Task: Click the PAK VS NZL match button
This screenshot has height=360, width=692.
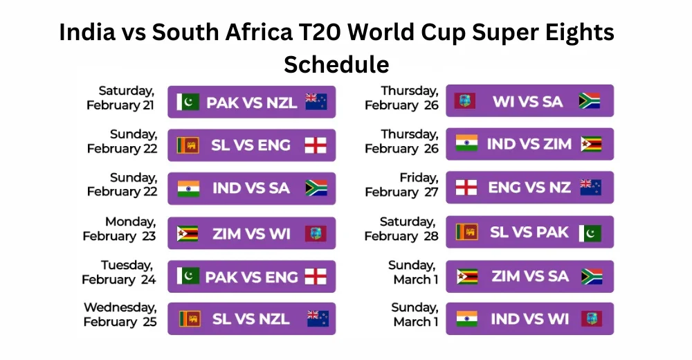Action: click(251, 102)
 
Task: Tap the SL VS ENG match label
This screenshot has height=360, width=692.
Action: click(251, 145)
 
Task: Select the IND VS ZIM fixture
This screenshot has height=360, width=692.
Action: click(529, 144)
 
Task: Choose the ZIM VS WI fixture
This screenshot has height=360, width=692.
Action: click(251, 233)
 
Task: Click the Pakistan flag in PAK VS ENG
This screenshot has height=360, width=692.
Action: click(188, 276)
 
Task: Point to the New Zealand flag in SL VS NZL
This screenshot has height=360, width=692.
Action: click(318, 318)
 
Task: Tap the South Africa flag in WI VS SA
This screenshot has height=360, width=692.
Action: click(590, 101)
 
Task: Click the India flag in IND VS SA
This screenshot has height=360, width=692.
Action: click(188, 188)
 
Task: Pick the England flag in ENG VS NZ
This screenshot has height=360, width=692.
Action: click(466, 188)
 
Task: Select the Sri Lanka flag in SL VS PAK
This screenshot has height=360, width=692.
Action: click(466, 232)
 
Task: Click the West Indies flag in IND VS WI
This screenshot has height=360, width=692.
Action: click(591, 318)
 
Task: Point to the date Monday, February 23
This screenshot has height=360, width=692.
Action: click(120, 228)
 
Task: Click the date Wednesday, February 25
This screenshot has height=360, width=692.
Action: click(120, 314)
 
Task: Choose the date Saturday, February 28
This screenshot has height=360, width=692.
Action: click(402, 228)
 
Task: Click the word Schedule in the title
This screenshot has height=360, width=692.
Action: click(336, 64)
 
